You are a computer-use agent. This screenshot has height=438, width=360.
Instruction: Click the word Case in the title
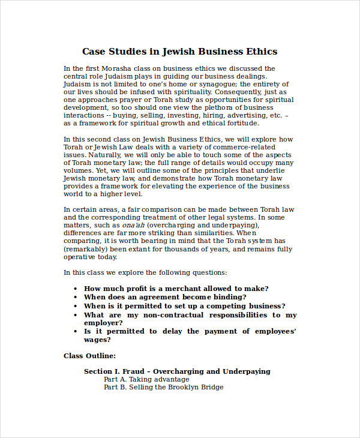click(x=93, y=52)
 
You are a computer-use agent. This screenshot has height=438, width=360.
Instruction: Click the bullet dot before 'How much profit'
click(x=75, y=289)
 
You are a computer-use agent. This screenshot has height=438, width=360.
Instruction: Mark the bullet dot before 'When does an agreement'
click(x=75, y=297)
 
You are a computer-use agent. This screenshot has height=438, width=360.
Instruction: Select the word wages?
click(x=97, y=340)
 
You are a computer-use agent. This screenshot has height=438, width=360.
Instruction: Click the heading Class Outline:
click(x=89, y=356)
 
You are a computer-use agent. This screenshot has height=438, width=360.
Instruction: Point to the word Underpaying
click(x=247, y=372)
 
